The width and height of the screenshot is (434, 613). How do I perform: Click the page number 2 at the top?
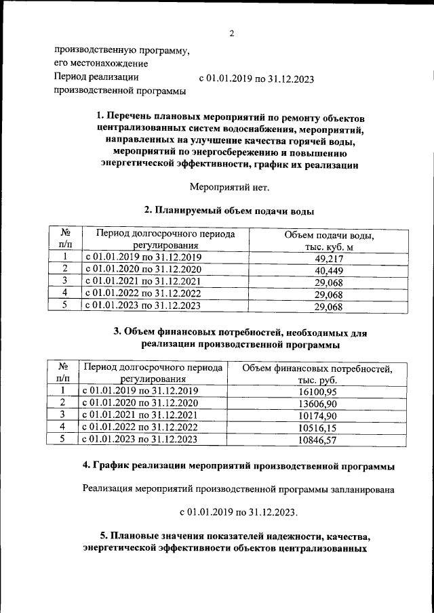pyautogui.click(x=231, y=34)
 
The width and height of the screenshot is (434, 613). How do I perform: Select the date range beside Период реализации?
pyautogui.click(x=256, y=79)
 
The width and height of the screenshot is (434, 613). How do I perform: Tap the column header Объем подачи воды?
pyautogui.click(x=329, y=240)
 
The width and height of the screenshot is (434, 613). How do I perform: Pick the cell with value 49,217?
pyautogui.click(x=329, y=258)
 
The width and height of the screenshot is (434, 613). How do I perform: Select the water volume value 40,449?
pyautogui.click(x=329, y=270)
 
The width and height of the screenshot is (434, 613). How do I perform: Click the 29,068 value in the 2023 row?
pyautogui.click(x=329, y=307)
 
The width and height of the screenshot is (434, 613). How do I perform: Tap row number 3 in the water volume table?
pyautogui.click(x=65, y=281)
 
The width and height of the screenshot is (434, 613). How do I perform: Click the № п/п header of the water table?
pyautogui.click(x=66, y=240)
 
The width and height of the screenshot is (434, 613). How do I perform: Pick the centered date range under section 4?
pyautogui.click(x=238, y=510)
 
